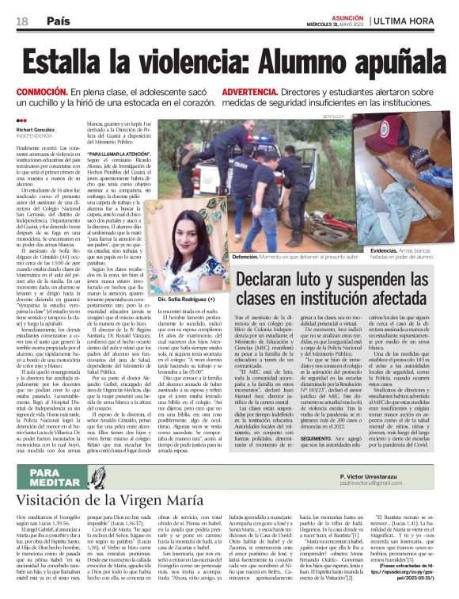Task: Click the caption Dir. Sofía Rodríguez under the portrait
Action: (187, 302)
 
